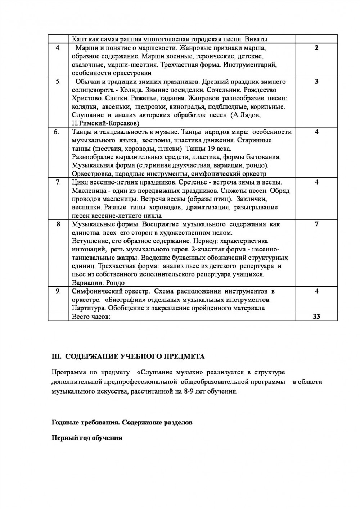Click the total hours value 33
316,317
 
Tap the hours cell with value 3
316,82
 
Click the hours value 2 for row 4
316,48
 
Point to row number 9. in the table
58,291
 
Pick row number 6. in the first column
57,132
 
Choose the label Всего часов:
91,317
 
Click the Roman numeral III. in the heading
57,356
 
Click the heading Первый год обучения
87,438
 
